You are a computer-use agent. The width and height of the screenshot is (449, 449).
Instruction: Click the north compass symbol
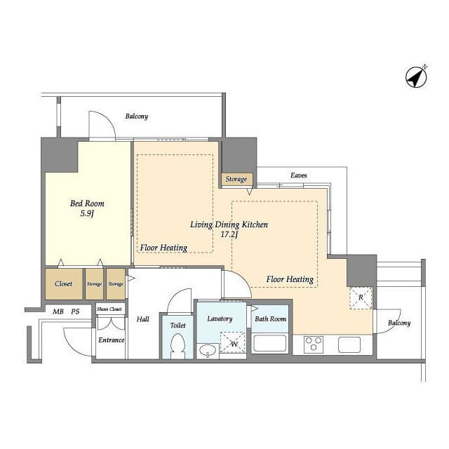point(417,76)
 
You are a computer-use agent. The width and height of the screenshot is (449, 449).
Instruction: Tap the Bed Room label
point(87,203)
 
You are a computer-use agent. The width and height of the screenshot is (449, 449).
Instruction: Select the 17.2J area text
point(229,235)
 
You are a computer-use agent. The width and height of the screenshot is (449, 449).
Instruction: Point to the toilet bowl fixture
point(177,346)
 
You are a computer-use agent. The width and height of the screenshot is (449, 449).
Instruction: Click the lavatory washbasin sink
point(208,351)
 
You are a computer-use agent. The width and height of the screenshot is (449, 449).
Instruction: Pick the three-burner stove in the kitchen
point(314,344)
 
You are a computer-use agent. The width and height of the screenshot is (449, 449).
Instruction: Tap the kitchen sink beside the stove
point(349,344)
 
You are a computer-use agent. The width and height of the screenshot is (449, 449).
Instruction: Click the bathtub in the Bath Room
point(269,343)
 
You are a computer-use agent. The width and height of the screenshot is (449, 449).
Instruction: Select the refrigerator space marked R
point(361,297)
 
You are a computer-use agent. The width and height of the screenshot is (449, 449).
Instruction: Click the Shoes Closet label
point(109,309)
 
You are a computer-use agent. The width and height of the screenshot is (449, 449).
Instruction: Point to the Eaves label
point(299,175)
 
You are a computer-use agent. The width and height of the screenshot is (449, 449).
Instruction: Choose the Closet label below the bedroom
point(64,283)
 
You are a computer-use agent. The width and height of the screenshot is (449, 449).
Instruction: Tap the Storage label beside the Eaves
point(236,179)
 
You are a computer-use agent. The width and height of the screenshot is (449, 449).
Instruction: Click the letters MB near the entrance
point(58,311)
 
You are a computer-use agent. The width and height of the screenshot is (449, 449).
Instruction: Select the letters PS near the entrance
point(75,311)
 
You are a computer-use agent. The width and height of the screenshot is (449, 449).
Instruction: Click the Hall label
point(142,319)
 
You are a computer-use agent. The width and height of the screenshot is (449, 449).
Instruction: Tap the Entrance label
point(112,340)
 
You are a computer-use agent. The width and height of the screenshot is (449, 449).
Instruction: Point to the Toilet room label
point(177,326)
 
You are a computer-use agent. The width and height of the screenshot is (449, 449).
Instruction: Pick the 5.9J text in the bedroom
point(87,213)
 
